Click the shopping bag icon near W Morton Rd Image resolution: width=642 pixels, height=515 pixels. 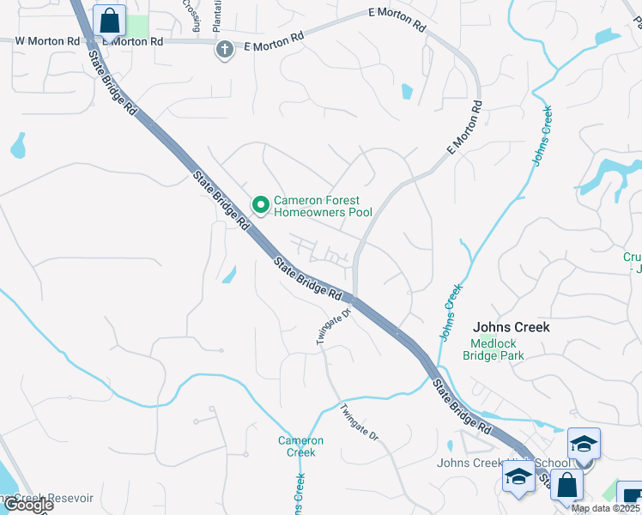110,20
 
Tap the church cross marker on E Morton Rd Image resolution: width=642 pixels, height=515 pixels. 225,49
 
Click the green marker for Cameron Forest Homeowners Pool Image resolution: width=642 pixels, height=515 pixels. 260,204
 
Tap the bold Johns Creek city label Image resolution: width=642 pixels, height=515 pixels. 512,327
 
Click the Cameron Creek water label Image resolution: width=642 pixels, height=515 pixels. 300,446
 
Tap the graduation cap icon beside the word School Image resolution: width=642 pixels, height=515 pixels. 584,445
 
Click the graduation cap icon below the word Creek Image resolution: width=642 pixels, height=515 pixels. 518,480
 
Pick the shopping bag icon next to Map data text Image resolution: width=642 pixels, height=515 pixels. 566,486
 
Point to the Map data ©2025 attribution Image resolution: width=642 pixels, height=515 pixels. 606,508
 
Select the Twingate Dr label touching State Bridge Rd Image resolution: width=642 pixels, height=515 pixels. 335,327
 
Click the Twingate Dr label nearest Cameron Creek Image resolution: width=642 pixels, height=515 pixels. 359,421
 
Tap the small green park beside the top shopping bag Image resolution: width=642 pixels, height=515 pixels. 137,25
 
